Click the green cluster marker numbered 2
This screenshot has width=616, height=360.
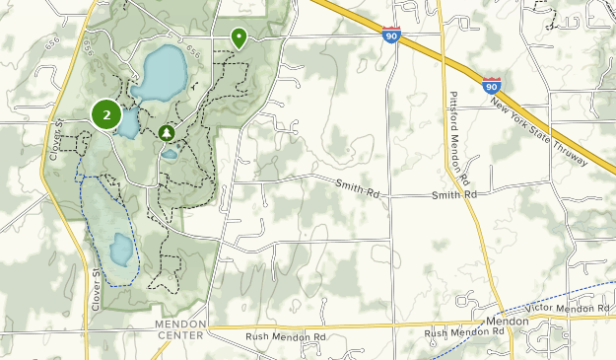click(x=106, y=114)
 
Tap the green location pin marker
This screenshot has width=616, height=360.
click(x=239, y=37)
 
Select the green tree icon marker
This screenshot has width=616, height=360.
click(x=167, y=132)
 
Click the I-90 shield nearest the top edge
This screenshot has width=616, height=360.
click(x=391, y=36)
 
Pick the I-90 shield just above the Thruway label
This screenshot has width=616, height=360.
click(x=492, y=86)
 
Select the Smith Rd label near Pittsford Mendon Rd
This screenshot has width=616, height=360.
click(x=453, y=195)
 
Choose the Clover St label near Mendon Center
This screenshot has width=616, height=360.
click(x=97, y=291)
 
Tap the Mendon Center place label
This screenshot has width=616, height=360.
click(x=179, y=329)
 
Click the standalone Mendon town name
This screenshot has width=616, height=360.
click(x=507, y=322)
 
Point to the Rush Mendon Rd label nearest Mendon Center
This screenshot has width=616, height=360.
click(x=286, y=336)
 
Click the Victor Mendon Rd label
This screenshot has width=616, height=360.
click(x=568, y=309)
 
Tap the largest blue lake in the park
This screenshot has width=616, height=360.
click(x=159, y=73)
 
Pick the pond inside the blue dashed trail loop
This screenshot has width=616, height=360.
click(x=120, y=250)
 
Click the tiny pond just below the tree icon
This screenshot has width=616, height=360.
click(x=170, y=154)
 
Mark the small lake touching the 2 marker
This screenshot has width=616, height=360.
click(x=128, y=123)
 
